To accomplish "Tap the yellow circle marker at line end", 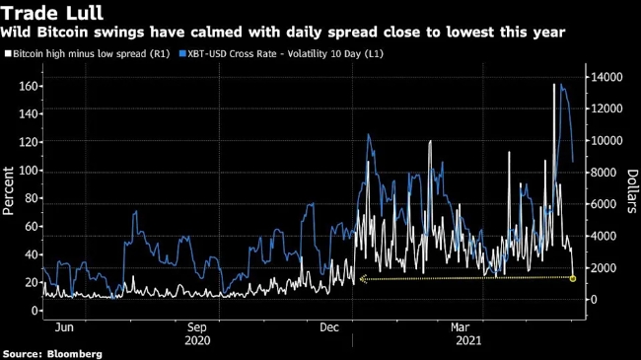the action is [x=573, y=278].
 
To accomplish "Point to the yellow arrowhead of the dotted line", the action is [x=363, y=279].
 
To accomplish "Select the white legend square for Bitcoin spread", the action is [x=8, y=53].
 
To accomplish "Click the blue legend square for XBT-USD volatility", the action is [x=182, y=53].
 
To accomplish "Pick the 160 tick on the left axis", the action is [x=29, y=87].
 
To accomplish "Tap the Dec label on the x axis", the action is [x=329, y=327].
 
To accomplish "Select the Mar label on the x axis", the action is [x=461, y=327].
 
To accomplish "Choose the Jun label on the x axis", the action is [x=64, y=327].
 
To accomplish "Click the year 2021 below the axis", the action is [x=468, y=340].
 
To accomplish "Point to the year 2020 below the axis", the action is [x=197, y=340].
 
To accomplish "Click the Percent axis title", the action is [x=8, y=190].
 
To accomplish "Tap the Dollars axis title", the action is [x=632, y=191].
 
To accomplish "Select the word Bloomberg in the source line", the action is [x=74, y=354].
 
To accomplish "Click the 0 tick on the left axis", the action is [x=35, y=311].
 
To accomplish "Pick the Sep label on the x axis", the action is [x=197, y=327].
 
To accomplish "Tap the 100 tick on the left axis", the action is [x=29, y=171].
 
